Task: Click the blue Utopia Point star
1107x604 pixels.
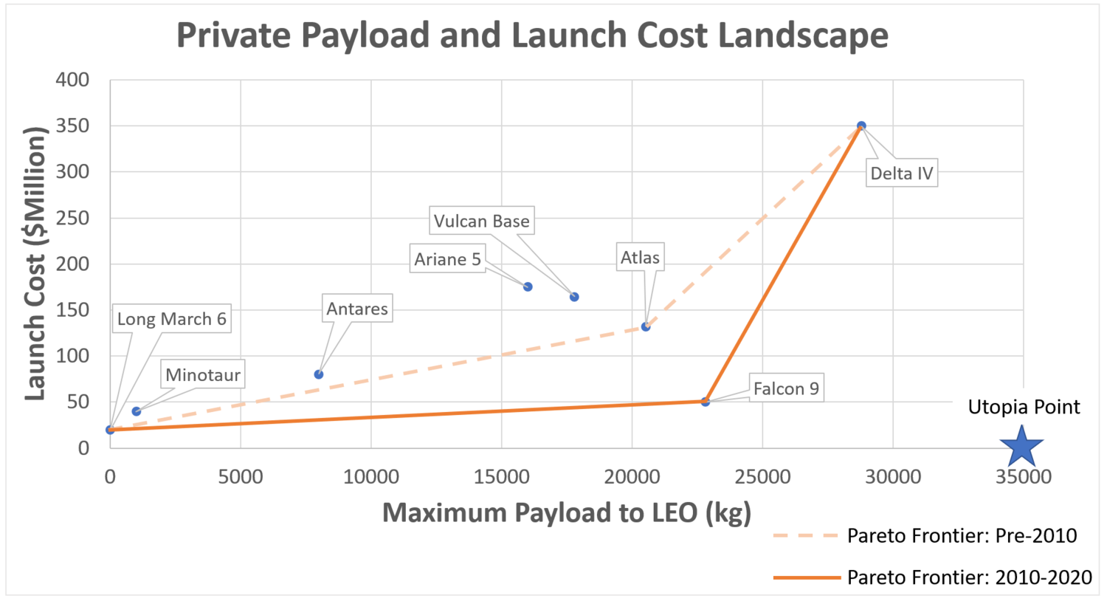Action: coord(1021,445)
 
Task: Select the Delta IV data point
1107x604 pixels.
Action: coord(861,126)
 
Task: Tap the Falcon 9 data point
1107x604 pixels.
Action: coord(706,402)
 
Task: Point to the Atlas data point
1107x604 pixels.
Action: coord(646,326)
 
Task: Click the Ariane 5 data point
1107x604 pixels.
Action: coord(528,286)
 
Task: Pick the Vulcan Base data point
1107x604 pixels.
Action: coord(574,297)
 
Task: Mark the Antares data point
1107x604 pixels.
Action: coord(319,374)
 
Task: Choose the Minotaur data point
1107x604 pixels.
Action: coord(137,411)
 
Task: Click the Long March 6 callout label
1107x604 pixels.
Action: coord(171,319)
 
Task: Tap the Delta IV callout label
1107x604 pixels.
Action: coord(902,174)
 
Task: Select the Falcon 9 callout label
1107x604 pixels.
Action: coord(786,389)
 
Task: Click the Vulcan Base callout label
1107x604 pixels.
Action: coord(481,221)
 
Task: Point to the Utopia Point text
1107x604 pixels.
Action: coord(1024,407)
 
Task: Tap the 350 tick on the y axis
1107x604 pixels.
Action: coord(72,126)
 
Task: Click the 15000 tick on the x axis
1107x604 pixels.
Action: coord(501,477)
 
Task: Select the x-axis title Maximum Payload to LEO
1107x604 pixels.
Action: coord(566,512)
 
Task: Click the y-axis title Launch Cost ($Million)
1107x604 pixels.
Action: coord(35,264)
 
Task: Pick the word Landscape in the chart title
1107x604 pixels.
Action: coord(803,35)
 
